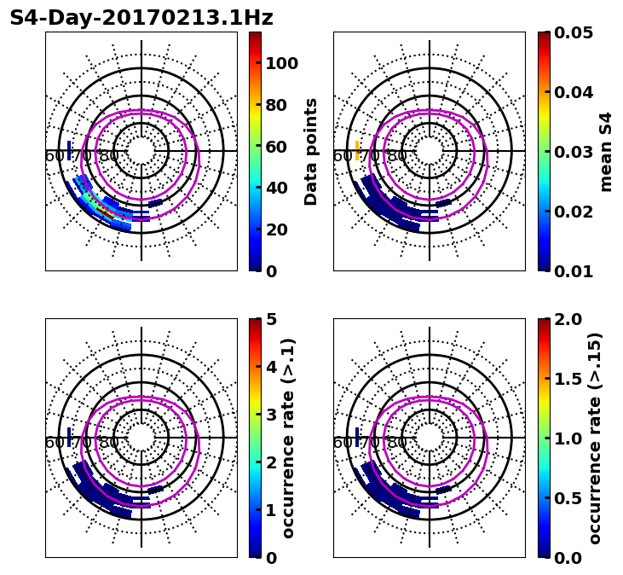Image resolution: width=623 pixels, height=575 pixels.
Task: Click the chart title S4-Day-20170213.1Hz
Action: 141,18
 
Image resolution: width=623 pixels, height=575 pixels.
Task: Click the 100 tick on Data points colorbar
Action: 281,63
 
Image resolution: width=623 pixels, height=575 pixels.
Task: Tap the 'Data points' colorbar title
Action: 311,151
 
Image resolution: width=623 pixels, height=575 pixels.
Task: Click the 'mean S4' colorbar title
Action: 606,151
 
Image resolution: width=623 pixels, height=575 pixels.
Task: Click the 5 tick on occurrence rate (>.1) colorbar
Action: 271,319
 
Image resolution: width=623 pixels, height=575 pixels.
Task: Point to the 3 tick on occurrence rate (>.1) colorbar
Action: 271,415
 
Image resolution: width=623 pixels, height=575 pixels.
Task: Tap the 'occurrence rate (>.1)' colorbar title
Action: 288,438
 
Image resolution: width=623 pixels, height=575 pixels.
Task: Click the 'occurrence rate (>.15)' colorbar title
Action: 594,438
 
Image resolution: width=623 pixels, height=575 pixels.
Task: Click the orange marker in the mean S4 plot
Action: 358,150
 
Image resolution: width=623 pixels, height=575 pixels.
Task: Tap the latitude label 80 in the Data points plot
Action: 109,156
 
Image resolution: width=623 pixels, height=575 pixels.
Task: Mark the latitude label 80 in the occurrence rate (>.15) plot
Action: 397,443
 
